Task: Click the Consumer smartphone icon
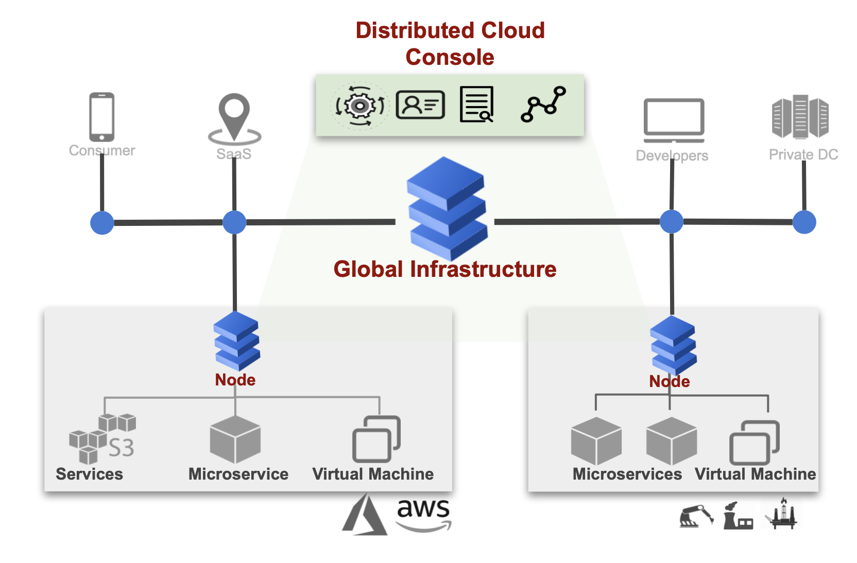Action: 101,117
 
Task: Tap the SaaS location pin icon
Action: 234,118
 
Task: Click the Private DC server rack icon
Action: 800,117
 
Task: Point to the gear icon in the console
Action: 359,106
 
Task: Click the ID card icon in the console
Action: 420,105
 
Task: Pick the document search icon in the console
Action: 476,104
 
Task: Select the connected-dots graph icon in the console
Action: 543,104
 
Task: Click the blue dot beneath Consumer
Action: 102,223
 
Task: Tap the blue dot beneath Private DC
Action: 804,222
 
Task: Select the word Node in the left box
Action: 235,380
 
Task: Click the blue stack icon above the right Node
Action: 673,344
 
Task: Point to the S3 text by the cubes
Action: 122,448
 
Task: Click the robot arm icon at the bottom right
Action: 696,516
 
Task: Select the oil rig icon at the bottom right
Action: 782,514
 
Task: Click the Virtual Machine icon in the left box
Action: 376,438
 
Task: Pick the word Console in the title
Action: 450,57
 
